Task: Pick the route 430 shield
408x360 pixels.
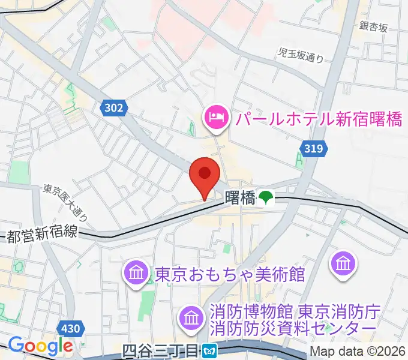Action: point(71,328)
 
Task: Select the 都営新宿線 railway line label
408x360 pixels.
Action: point(42,234)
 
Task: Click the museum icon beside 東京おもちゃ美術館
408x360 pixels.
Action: point(137,274)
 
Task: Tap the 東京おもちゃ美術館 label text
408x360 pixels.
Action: point(230,275)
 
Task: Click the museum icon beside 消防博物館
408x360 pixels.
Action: point(191,317)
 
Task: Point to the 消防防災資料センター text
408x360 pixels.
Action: point(293,329)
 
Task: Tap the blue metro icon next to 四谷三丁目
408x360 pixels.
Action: point(209,349)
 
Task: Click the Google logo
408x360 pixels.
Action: point(40,346)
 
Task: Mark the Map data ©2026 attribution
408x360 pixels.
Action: point(358,352)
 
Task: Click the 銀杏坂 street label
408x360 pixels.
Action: point(374,26)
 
